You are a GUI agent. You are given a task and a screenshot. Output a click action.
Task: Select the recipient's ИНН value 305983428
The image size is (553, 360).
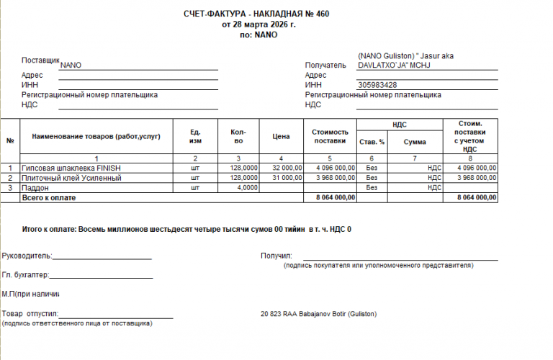[x=377, y=85]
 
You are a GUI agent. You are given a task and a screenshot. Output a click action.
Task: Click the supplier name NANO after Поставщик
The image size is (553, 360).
[x=71, y=65]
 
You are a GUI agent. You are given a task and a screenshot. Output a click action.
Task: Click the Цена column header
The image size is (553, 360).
[x=281, y=135]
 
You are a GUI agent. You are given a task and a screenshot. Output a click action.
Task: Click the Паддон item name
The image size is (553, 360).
[x=35, y=187]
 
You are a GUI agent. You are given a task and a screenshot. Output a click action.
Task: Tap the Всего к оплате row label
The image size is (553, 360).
[x=49, y=197]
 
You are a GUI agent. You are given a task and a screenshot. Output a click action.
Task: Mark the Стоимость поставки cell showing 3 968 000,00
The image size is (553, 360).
[x=331, y=177]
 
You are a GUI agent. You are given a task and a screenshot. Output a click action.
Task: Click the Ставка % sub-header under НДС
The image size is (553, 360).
[x=372, y=142]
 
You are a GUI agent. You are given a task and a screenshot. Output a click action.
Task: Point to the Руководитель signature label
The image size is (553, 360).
[x=27, y=255]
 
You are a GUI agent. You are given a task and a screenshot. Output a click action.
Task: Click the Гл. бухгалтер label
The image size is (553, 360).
[x=25, y=274]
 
